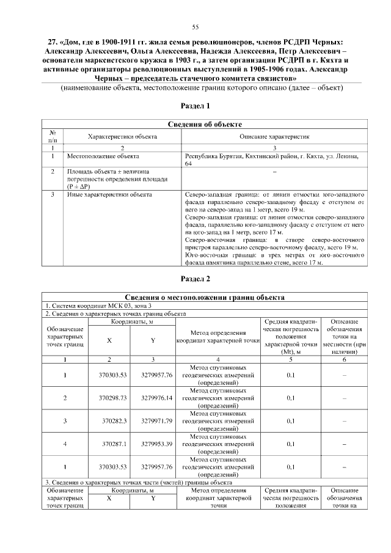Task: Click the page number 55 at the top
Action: coord(195,26)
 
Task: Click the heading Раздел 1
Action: coord(195,106)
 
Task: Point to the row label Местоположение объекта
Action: coord(95,156)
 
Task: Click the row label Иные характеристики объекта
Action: coord(101,195)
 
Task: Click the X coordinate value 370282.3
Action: coord(115,420)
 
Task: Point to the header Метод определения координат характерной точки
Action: coord(218,337)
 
